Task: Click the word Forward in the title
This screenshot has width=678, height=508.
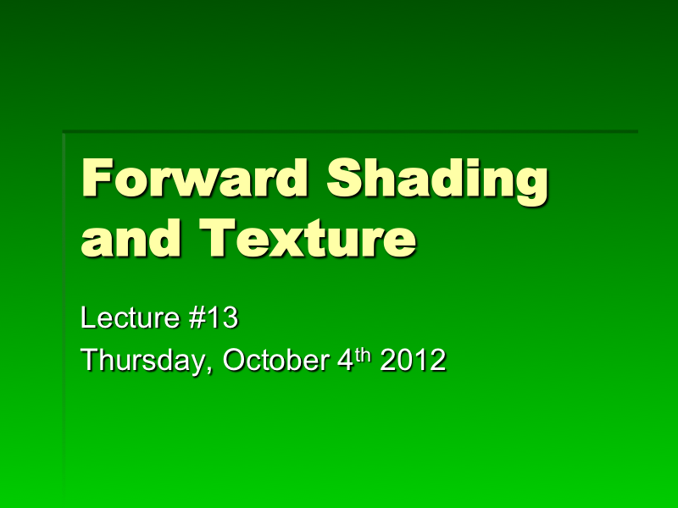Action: click(x=197, y=179)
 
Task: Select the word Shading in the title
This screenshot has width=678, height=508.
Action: click(x=437, y=179)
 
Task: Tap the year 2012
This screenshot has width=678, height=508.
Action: click(x=413, y=361)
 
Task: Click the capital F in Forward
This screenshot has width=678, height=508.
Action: click(x=97, y=179)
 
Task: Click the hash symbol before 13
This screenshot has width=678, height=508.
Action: click(x=191, y=319)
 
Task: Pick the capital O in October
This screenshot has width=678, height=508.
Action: click(x=235, y=361)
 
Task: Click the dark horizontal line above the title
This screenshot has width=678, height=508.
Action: click(x=349, y=131)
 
